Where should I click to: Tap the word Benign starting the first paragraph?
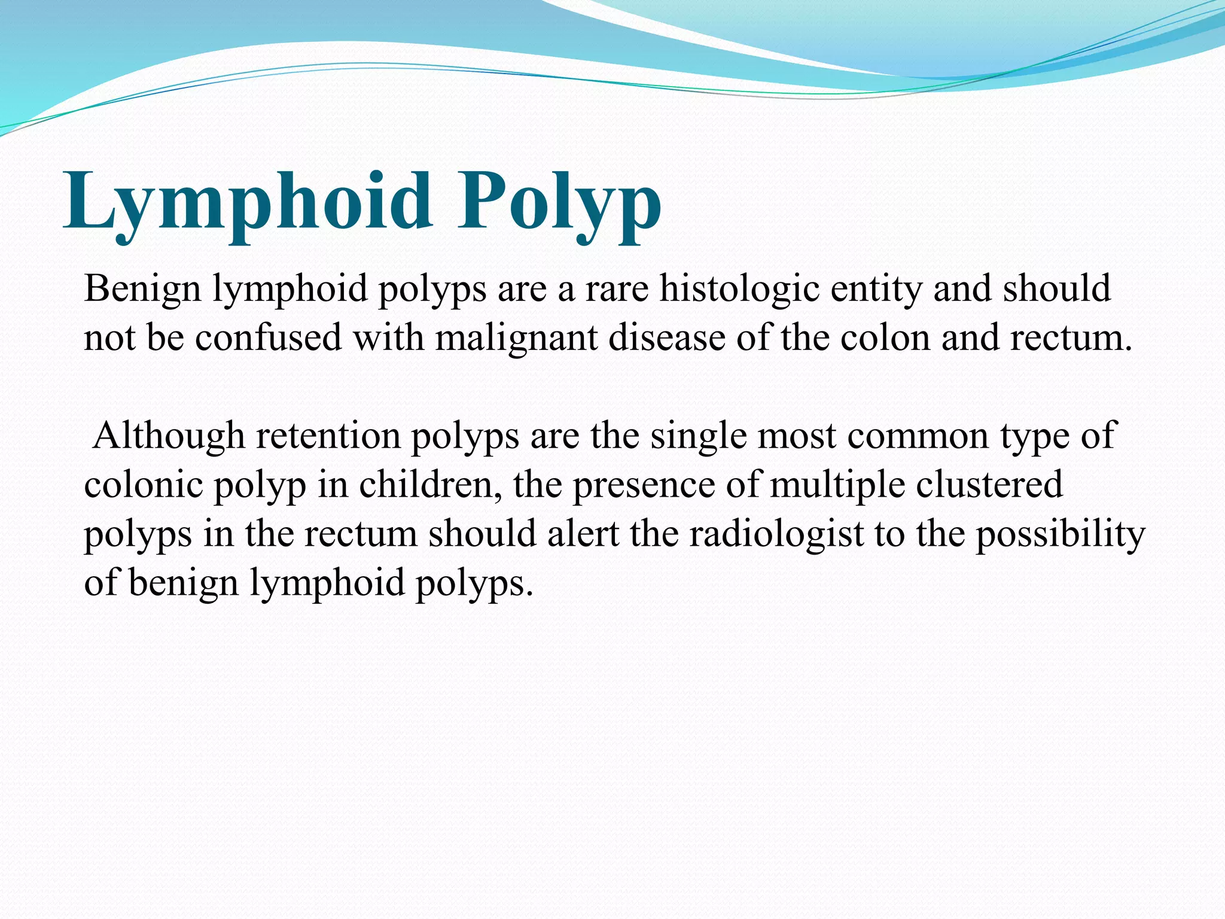(142, 289)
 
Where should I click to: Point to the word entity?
(876, 289)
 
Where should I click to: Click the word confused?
(269, 338)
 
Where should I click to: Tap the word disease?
(667, 338)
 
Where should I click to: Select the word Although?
(169, 436)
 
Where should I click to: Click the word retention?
(328, 436)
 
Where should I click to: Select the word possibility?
(1061, 534)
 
